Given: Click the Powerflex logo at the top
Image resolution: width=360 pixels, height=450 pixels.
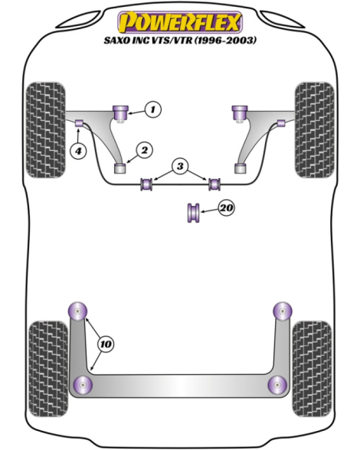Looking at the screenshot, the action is (180, 21).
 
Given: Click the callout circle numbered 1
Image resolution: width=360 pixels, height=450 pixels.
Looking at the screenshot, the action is (153, 109).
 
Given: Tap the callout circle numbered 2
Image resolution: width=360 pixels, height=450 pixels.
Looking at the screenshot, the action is (144, 150).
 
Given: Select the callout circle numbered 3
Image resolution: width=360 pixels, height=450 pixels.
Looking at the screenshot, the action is (180, 166).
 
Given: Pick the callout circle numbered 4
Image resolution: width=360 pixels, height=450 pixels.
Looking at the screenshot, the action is (78, 150).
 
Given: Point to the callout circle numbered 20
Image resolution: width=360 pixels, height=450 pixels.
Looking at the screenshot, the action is (227, 207).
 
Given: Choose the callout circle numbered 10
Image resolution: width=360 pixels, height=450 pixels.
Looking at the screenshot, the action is (106, 344).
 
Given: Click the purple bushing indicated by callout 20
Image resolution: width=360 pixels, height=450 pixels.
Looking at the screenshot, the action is (193, 213).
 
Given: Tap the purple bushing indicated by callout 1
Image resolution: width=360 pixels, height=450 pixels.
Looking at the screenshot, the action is (121, 113).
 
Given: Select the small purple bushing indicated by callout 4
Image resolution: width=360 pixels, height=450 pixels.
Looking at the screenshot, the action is (79, 123).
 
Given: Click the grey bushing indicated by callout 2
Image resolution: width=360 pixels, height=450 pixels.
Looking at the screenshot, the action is (120, 168).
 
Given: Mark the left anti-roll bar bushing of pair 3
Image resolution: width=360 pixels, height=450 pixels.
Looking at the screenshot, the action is (147, 184).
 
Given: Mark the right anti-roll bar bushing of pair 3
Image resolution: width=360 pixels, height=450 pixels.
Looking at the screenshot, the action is (214, 184).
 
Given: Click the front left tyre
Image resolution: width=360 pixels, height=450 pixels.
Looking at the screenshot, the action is (45, 130).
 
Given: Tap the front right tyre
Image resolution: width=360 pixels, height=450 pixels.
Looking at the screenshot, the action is (315, 130).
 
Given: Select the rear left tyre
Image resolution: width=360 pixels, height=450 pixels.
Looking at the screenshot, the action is (48, 369).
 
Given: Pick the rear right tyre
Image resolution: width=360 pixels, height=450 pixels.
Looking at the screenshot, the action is (312, 369).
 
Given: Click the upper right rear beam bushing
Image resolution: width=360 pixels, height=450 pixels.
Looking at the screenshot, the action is (283, 311).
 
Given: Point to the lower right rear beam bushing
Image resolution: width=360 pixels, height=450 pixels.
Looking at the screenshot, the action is (277, 384).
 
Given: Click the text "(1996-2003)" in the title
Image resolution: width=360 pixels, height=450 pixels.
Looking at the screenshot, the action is (225, 40).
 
